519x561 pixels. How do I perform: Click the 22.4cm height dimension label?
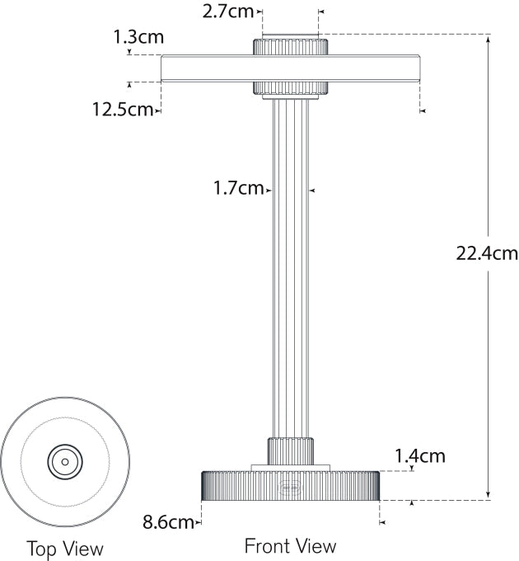pos(487,253)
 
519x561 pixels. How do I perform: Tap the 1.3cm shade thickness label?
pos(138,36)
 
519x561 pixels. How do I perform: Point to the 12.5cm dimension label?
pos(122,109)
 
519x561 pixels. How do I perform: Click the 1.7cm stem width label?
pos(238,188)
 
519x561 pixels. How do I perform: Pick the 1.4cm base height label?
pos(420,455)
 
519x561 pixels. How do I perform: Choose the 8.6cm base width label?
pos(168,521)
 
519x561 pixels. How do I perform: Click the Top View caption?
pos(65,548)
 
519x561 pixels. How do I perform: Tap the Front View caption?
pos(290,545)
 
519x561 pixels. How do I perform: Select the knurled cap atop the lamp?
pos(290,45)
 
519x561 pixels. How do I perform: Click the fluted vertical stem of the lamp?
pos(290,264)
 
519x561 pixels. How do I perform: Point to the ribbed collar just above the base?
pos(290,450)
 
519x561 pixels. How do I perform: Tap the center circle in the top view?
pos(65,461)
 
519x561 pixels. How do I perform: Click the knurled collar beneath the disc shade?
pos(290,88)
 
